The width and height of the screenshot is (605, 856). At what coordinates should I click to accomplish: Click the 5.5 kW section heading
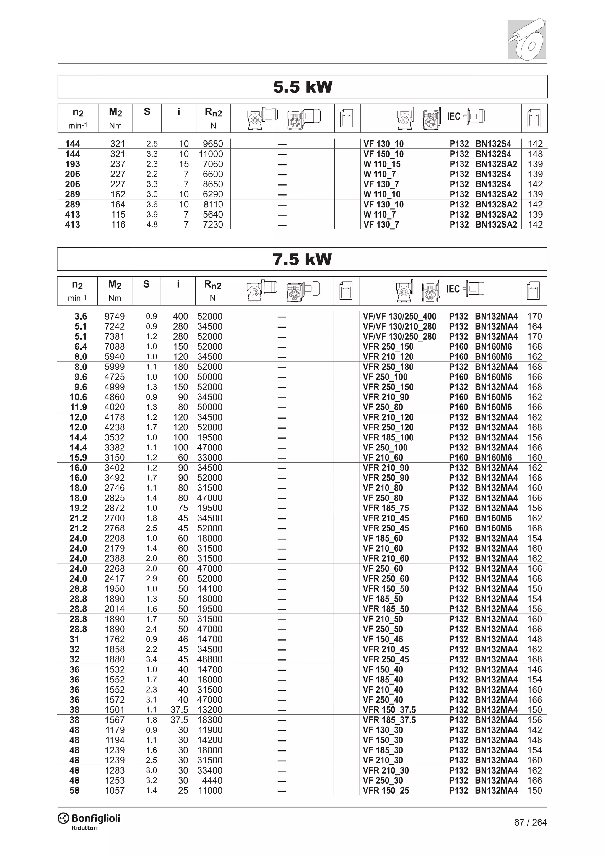(302, 87)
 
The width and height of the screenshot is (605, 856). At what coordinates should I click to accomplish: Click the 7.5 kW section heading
(302, 260)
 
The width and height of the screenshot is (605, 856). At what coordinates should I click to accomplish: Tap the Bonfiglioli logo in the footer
(89, 819)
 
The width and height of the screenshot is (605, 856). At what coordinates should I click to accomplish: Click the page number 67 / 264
(530, 822)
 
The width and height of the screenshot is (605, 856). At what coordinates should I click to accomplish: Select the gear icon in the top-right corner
(526, 38)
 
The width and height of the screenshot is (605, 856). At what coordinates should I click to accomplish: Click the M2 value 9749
(114, 317)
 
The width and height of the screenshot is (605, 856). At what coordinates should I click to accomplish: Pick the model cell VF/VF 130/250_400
(399, 317)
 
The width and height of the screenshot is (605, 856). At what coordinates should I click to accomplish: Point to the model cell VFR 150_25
(386, 790)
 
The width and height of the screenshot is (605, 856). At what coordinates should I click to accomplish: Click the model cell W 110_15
(382, 164)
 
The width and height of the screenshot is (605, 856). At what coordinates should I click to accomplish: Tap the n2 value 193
(72, 164)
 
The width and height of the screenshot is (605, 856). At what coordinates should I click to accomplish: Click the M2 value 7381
(114, 337)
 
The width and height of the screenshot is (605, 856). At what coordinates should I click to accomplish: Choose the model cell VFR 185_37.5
(389, 720)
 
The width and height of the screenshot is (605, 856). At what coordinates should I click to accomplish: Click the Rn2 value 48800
(210, 659)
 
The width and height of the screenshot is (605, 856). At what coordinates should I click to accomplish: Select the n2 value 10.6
(78, 397)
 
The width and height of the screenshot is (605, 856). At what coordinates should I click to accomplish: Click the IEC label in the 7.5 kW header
(453, 289)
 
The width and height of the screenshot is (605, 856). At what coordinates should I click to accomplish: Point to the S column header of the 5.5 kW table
(147, 111)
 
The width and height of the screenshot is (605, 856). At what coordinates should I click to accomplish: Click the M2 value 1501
(114, 710)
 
